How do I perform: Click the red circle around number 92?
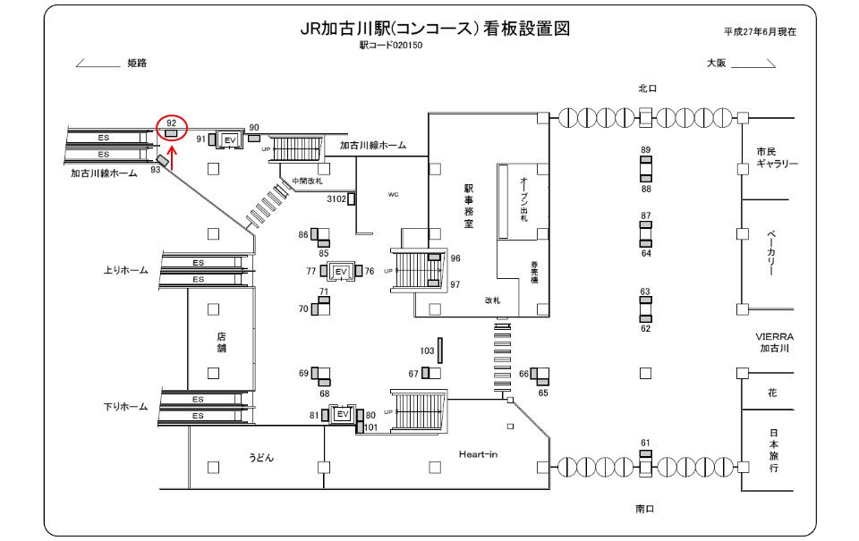coord(171,128)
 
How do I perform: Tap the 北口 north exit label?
coord(648,89)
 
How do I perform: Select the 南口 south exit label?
coord(646,508)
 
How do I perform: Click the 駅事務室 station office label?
coord(468,207)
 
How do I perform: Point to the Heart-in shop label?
coord(478,454)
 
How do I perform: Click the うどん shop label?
coord(261,458)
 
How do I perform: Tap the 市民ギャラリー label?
coord(776,157)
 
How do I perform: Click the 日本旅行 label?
coord(773,451)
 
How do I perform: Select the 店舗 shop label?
coord(221,343)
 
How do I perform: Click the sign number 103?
coord(427,350)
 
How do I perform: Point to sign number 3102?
coord(336,198)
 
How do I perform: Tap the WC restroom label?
coord(393,194)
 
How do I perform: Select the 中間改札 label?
coord(307,182)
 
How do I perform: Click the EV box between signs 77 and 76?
coord(340,270)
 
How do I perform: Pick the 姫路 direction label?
coord(137,63)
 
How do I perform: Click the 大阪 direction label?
coord(716,63)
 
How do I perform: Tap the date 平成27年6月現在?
coord(761,31)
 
